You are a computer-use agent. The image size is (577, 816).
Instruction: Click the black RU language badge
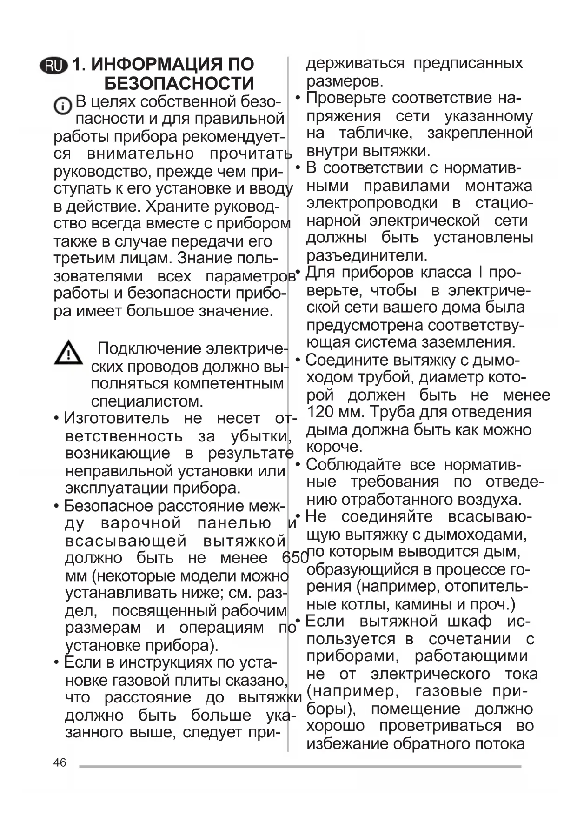(54, 66)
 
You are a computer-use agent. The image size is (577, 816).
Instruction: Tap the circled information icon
(62, 107)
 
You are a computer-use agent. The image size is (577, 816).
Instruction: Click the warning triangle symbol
(68, 353)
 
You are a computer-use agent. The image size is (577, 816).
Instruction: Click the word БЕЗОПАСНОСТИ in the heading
(179, 84)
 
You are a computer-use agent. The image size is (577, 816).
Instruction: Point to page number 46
(60, 762)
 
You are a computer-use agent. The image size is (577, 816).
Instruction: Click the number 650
(295, 557)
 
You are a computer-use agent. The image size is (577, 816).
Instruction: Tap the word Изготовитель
(116, 418)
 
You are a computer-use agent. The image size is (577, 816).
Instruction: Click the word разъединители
(366, 255)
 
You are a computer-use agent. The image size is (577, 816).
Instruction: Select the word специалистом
(147, 401)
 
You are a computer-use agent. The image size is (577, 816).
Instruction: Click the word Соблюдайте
(353, 464)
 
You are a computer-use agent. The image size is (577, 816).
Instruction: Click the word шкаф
(470, 622)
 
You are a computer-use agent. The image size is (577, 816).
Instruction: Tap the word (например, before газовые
(353, 691)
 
